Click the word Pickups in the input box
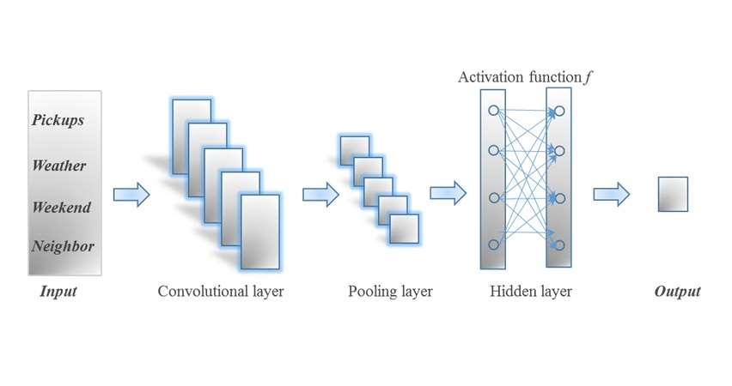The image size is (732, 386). pyautogui.click(x=59, y=120)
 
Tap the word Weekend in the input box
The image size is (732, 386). pyautogui.click(x=61, y=207)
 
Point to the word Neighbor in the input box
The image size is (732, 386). pyautogui.click(x=63, y=247)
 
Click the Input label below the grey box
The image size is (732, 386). pyautogui.click(x=58, y=292)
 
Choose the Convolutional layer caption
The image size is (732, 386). pyautogui.click(x=221, y=292)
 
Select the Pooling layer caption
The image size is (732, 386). pyautogui.click(x=390, y=292)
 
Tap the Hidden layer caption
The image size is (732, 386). pyautogui.click(x=530, y=292)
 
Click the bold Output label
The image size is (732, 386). pyautogui.click(x=677, y=292)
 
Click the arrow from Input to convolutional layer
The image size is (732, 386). pyautogui.click(x=131, y=194)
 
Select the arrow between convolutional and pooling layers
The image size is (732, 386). pyautogui.click(x=320, y=194)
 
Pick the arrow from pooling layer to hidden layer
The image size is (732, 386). pyautogui.click(x=448, y=194)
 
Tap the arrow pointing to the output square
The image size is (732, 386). pyautogui.click(x=612, y=194)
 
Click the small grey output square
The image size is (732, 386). pyautogui.click(x=673, y=194)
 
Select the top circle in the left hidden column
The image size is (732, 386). pyautogui.click(x=493, y=111)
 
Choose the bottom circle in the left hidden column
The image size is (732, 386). pyautogui.click(x=493, y=244)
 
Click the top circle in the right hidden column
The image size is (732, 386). pyautogui.click(x=558, y=111)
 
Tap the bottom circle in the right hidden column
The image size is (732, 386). pyautogui.click(x=558, y=244)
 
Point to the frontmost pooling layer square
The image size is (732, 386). pyautogui.click(x=404, y=229)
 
